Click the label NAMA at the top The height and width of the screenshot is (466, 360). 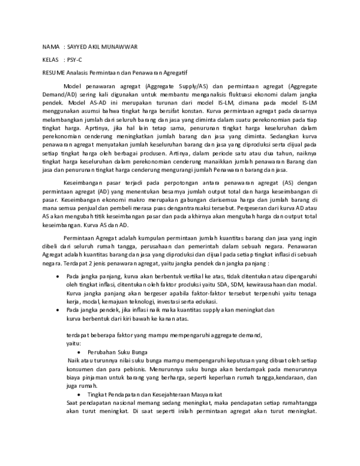click(50, 47)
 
